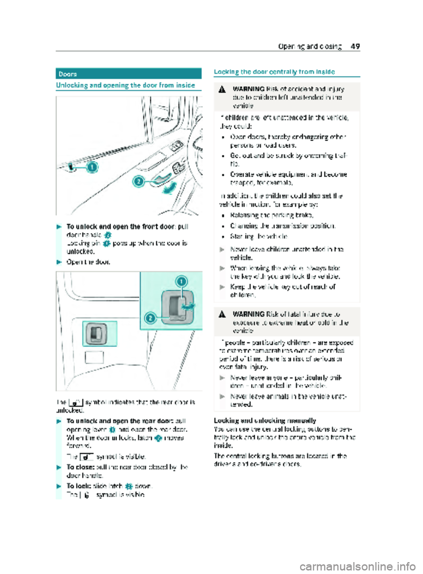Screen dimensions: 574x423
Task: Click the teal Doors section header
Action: pyautogui.click(x=128, y=74)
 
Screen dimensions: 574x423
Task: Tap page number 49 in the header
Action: pyautogui.click(x=355, y=46)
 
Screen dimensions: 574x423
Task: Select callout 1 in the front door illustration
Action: pyautogui.click(x=92, y=167)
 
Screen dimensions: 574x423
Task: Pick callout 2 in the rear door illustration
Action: pyautogui.click(x=151, y=318)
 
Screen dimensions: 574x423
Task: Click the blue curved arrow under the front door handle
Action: pyautogui.click(x=169, y=189)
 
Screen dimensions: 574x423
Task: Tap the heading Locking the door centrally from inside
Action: pyautogui.click(x=274, y=71)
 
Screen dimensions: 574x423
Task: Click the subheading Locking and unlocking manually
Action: pyautogui.click(x=264, y=421)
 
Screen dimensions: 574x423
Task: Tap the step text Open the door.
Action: pyautogui.click(x=88, y=262)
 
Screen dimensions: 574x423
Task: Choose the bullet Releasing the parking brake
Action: pyautogui.click(x=271, y=215)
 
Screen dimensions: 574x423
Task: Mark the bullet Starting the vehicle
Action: pyautogui.click(x=259, y=236)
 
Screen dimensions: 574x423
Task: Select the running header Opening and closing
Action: pyautogui.click(x=310, y=46)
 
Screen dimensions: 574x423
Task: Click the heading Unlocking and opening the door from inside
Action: pyautogui.click(x=126, y=85)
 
